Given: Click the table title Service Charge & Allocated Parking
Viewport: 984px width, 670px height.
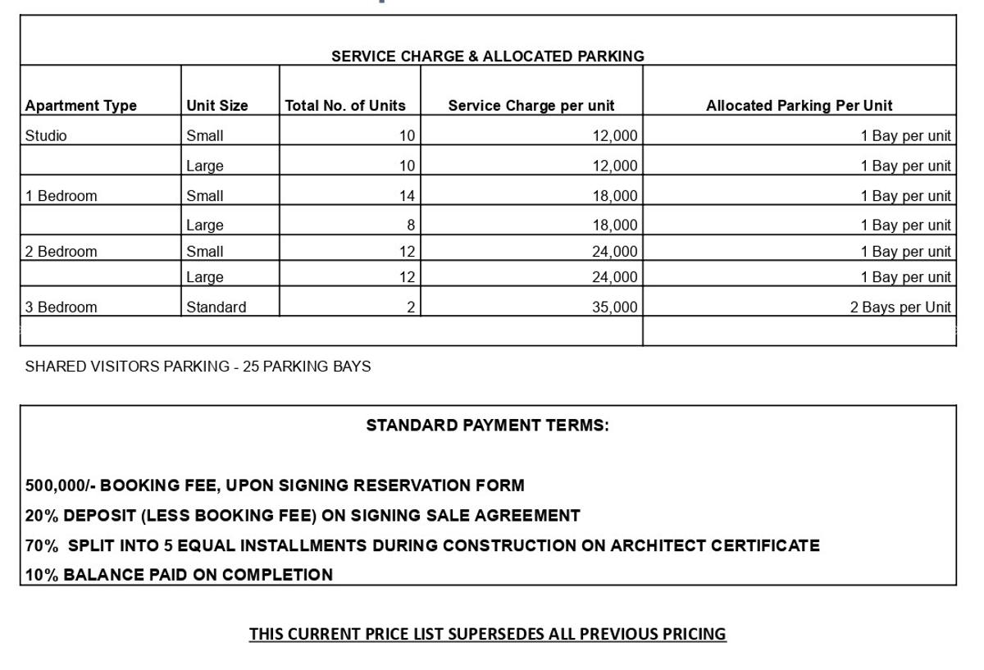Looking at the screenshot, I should click(x=487, y=57).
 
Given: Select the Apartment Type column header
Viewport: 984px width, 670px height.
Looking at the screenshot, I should click(x=81, y=106).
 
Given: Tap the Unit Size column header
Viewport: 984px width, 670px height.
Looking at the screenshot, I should click(x=217, y=106).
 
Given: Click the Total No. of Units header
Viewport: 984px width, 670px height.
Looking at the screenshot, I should click(x=345, y=106).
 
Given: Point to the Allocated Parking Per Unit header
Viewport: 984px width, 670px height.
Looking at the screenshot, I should click(x=799, y=106).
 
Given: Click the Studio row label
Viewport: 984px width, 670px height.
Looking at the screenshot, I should click(x=46, y=136).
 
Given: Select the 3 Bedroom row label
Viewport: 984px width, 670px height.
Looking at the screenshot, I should click(x=61, y=308).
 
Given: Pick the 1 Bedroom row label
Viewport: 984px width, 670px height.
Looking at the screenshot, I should click(x=61, y=196).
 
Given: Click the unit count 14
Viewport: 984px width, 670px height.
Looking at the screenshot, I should click(x=407, y=196).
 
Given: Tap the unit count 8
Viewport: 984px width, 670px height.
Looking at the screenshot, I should click(x=411, y=225).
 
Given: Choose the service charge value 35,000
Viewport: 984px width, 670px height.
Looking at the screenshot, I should click(x=614, y=308).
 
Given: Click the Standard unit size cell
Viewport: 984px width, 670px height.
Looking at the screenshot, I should click(x=216, y=308).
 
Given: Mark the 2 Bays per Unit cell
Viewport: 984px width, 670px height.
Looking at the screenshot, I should click(x=900, y=308).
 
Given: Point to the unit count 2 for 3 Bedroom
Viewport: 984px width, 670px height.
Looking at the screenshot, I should click(x=411, y=308).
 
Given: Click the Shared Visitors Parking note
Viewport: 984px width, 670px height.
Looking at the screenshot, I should click(x=198, y=367).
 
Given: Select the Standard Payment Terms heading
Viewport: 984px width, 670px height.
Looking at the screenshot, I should click(x=487, y=426).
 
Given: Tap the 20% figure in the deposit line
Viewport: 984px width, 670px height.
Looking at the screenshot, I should click(x=42, y=516).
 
